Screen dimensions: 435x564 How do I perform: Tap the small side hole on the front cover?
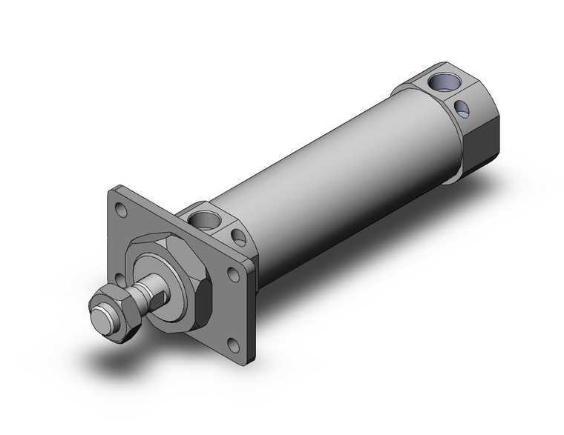point(239,237)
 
